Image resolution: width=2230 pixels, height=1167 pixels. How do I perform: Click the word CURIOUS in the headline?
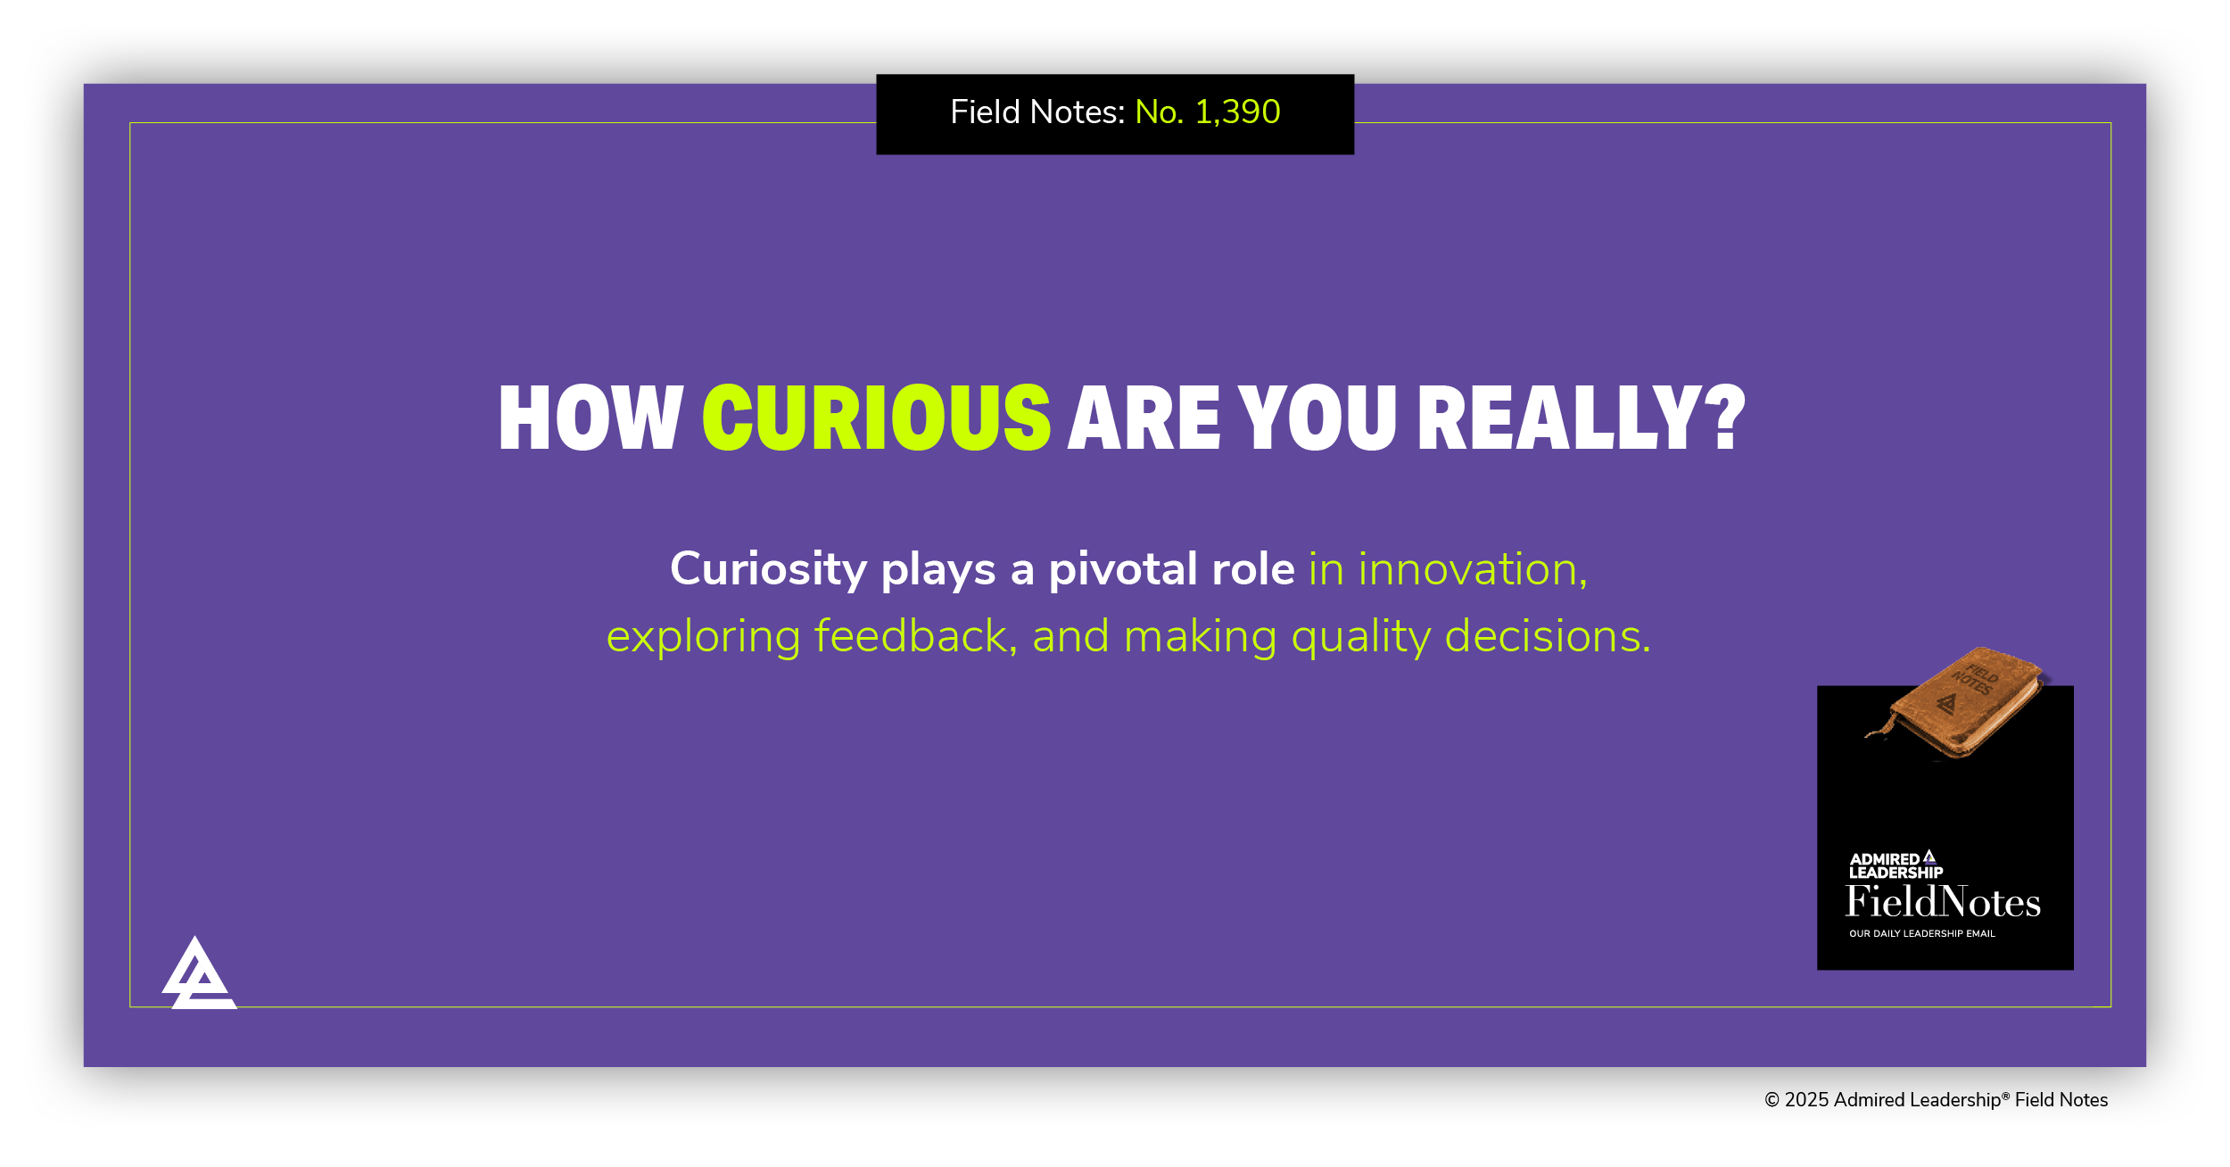click(877, 418)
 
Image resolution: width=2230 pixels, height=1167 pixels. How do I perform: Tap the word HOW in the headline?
click(591, 418)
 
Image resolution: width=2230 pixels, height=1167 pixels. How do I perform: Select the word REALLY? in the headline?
click(1581, 418)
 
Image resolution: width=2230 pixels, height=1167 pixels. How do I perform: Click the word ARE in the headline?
click(1144, 418)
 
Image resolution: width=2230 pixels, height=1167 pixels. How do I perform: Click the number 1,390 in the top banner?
click(1237, 112)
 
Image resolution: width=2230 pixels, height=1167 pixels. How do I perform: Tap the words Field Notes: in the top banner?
click(1037, 112)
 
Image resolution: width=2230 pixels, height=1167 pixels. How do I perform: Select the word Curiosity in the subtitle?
click(768, 569)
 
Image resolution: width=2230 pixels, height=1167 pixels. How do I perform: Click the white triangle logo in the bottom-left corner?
click(198, 975)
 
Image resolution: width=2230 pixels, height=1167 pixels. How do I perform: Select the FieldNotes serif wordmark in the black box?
click(1943, 902)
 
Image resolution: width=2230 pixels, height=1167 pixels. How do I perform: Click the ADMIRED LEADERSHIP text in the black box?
click(1895, 865)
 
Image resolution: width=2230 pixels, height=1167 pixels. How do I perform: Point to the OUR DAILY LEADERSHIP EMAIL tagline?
click(1921, 933)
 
